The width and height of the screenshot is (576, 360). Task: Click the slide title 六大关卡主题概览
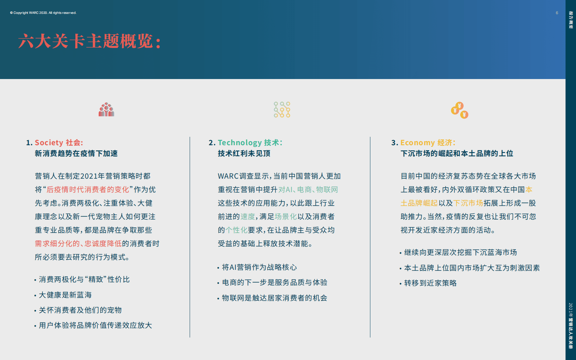(x=89, y=41)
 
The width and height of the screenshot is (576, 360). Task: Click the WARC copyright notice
(x=43, y=13)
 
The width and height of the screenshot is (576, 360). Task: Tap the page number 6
(x=557, y=13)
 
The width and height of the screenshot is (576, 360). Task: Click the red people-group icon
(x=106, y=110)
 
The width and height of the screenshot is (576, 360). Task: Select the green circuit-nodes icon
(x=282, y=110)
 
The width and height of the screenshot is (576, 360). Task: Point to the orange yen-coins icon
(x=460, y=110)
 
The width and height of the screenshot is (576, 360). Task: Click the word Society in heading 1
(x=49, y=143)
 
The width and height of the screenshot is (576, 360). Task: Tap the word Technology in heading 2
(x=240, y=143)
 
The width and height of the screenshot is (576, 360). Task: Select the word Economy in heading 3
(x=417, y=143)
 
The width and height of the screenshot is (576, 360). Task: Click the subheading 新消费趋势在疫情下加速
(x=76, y=154)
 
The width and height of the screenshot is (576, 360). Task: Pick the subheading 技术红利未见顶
(x=244, y=154)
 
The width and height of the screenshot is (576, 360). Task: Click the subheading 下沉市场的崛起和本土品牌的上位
(x=457, y=154)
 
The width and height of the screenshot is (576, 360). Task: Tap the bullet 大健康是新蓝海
(x=65, y=295)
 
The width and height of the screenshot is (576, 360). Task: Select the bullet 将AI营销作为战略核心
(x=259, y=267)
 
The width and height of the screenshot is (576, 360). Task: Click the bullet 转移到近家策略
(x=430, y=283)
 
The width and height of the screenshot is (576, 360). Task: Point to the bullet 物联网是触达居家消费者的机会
(x=274, y=298)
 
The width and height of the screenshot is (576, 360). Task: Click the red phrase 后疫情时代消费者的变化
(x=88, y=189)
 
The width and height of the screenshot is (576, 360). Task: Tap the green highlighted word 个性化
(x=236, y=230)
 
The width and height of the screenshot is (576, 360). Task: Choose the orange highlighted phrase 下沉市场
(x=468, y=203)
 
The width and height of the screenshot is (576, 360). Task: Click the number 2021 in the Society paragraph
(x=89, y=176)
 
